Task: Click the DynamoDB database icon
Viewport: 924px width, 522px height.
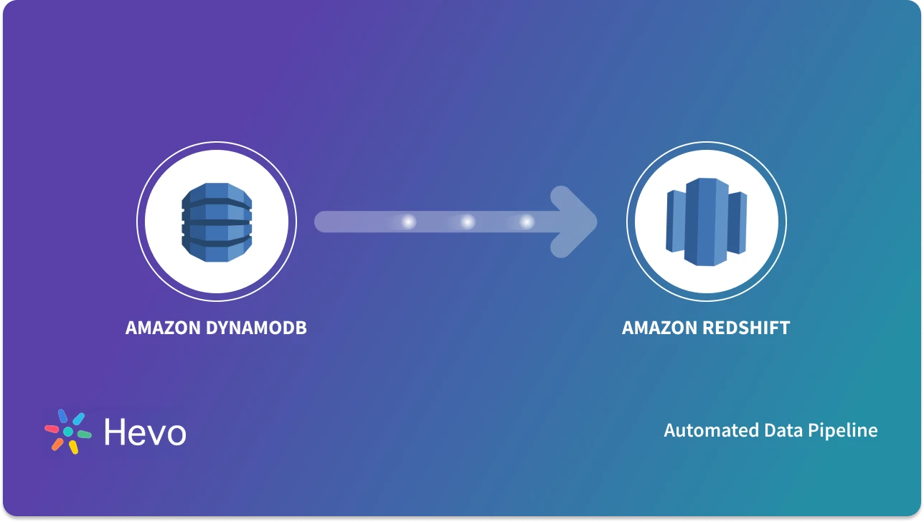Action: (x=217, y=222)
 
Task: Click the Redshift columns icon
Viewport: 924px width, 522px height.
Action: (x=706, y=222)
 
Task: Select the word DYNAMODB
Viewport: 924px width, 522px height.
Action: (x=257, y=328)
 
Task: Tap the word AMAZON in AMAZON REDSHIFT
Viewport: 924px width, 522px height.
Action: (x=659, y=328)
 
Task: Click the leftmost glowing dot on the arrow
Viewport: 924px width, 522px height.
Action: (x=408, y=222)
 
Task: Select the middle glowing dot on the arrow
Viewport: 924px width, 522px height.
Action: (x=468, y=222)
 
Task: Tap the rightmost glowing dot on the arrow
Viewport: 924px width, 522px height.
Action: (x=527, y=222)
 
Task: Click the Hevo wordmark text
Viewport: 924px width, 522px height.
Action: (x=145, y=432)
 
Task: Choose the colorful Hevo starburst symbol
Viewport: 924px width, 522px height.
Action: (x=68, y=432)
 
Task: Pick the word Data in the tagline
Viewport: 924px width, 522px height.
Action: (x=779, y=430)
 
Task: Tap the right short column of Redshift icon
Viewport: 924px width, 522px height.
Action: (x=737, y=222)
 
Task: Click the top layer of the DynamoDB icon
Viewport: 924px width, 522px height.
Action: (x=217, y=194)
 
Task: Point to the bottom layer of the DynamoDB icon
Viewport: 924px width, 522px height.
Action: (x=217, y=249)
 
